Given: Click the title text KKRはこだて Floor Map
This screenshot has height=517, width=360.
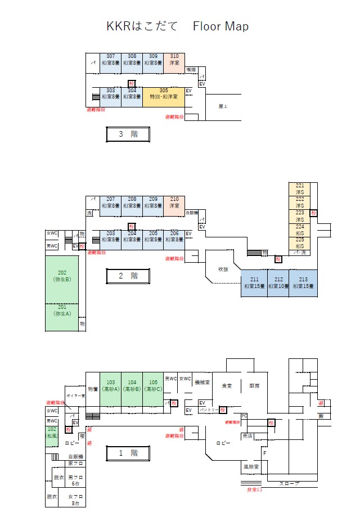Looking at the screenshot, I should click(x=177, y=26).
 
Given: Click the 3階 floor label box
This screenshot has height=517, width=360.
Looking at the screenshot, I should click(x=128, y=134).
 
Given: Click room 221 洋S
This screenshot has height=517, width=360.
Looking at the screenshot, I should click(x=299, y=188).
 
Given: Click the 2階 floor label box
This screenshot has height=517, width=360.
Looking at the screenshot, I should click(x=128, y=276).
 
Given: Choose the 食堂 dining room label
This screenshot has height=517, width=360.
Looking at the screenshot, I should click(x=227, y=386).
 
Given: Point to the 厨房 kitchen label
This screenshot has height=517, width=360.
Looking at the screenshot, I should click(x=254, y=386).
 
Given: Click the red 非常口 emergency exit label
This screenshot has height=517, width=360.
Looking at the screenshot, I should click(x=255, y=490).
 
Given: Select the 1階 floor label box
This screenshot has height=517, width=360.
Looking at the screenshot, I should click(x=128, y=452).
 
